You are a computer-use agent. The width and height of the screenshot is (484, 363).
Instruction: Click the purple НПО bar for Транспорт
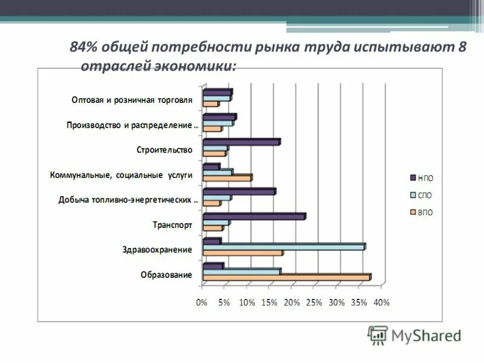tap(253, 216)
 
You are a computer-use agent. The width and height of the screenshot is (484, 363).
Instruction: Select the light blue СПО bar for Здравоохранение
tap(284, 247)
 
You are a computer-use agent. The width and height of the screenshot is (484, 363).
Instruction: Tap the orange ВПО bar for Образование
tap(286, 277)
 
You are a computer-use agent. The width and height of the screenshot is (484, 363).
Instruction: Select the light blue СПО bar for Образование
tap(241, 272)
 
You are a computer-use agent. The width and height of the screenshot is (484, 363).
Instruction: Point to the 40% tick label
tap(381, 302)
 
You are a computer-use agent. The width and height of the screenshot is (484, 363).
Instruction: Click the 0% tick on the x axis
tap(202, 302)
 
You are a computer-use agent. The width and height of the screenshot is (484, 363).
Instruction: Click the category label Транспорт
tap(172, 224)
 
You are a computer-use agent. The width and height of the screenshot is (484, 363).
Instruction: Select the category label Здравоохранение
tap(157, 249)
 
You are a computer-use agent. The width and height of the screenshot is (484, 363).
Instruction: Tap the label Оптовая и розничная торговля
tap(131, 99)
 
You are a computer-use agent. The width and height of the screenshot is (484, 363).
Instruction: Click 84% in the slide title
tap(85, 48)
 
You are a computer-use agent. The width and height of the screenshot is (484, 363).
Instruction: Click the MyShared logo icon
tap(378, 335)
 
